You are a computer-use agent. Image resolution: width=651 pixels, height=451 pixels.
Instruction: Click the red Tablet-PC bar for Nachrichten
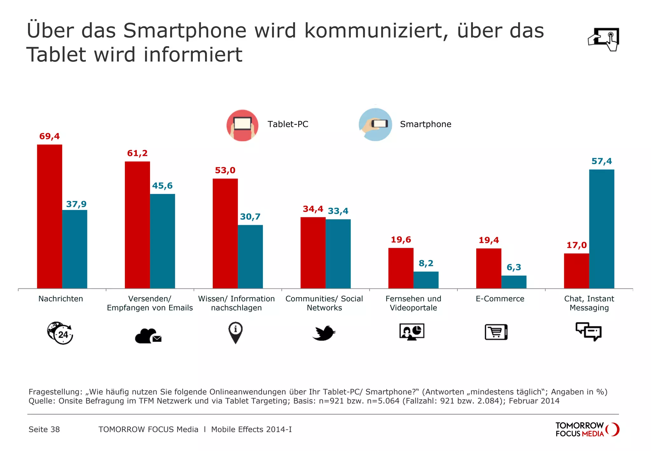click(50, 216)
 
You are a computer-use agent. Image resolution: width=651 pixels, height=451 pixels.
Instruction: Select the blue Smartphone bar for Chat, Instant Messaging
click(601, 229)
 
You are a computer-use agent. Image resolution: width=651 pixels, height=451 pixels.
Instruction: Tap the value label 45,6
click(162, 186)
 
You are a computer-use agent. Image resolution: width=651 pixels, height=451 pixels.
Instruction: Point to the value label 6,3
click(514, 267)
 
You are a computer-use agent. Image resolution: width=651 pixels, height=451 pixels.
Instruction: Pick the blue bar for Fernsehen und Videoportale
click(426, 280)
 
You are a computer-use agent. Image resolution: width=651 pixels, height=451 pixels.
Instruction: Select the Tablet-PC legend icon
click(242, 125)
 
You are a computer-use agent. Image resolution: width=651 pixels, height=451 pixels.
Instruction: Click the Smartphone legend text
click(425, 124)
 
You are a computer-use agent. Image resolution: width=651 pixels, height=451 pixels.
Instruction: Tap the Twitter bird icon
click(324, 333)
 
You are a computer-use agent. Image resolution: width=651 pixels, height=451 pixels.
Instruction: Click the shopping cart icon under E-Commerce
click(496, 332)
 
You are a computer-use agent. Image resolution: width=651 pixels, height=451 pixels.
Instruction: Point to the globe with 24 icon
click(60, 333)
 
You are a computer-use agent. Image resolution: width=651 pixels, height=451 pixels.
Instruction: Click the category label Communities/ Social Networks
click(324, 303)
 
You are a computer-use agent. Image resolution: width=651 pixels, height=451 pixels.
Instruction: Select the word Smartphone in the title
click(185, 31)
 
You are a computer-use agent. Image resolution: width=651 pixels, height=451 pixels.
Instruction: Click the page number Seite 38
click(44, 429)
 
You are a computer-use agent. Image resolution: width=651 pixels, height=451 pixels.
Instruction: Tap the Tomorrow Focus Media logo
click(587, 429)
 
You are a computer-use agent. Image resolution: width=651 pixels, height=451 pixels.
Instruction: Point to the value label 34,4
click(313, 209)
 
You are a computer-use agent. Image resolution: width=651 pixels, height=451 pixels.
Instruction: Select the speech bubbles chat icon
click(589, 331)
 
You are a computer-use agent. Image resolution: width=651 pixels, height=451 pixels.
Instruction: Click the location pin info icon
click(236, 332)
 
